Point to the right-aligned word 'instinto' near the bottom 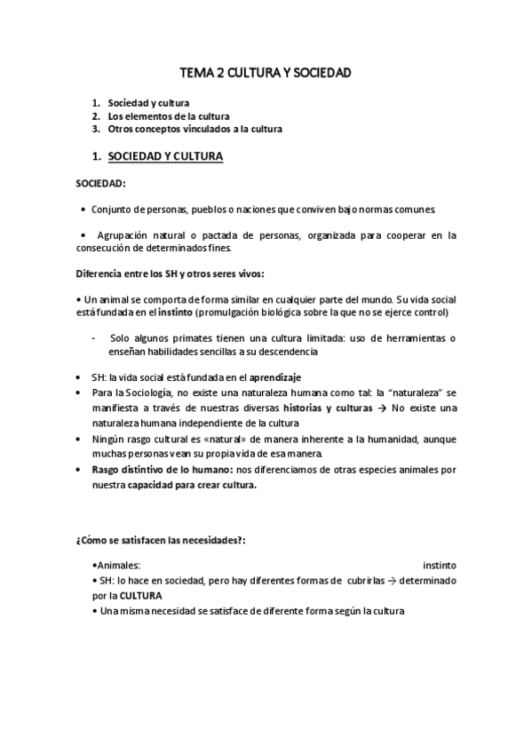tap(440, 565)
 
